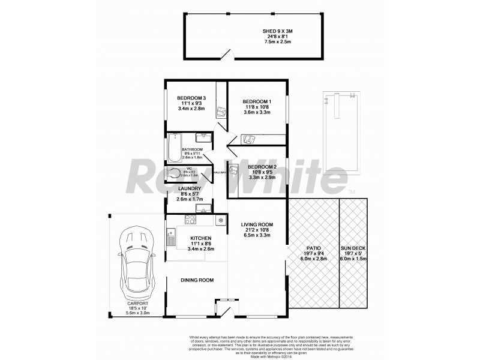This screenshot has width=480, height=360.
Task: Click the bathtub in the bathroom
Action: pos(175,149)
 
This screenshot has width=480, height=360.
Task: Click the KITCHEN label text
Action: pos(200,238)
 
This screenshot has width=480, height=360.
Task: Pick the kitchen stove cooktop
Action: pos(190,219)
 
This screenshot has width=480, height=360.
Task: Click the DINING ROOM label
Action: pos(197,280)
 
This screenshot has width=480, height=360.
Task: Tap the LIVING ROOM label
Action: pos(257,225)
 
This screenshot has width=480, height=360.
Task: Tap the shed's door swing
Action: pos(226,55)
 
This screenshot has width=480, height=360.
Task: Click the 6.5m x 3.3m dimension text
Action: pos(257,236)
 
